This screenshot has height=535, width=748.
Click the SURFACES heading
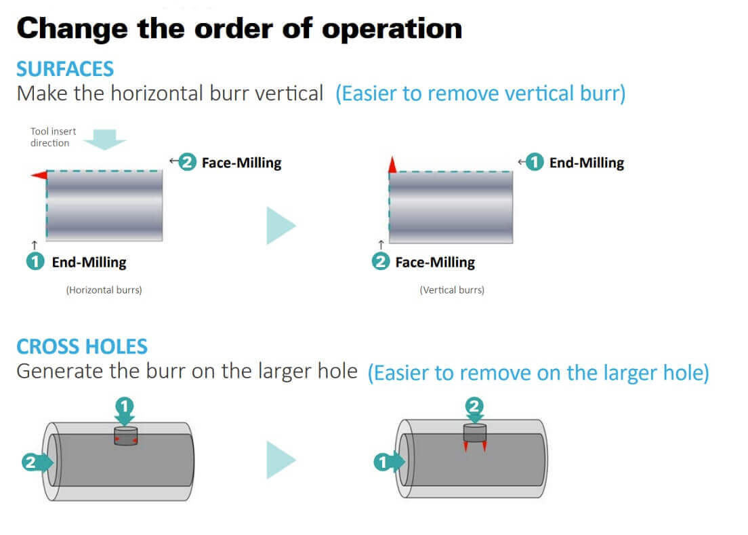(x=65, y=69)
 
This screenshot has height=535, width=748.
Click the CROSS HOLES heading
(x=82, y=347)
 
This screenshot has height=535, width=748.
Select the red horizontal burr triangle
(x=38, y=176)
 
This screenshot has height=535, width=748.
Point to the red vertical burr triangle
(x=392, y=163)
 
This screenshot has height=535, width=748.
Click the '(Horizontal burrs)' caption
(x=104, y=290)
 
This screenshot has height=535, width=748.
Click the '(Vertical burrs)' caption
(x=452, y=290)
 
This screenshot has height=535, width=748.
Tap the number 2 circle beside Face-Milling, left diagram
(x=188, y=163)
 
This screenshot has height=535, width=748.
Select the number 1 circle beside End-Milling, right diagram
(x=535, y=163)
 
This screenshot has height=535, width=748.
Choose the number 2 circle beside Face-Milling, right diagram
(x=381, y=262)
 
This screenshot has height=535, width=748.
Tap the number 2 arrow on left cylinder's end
(x=35, y=462)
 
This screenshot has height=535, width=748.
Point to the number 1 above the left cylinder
(x=124, y=407)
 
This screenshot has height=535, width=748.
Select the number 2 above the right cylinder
(x=474, y=407)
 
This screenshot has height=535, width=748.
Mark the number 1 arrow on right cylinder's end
(x=386, y=462)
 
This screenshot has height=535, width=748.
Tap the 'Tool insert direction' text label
(x=54, y=137)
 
